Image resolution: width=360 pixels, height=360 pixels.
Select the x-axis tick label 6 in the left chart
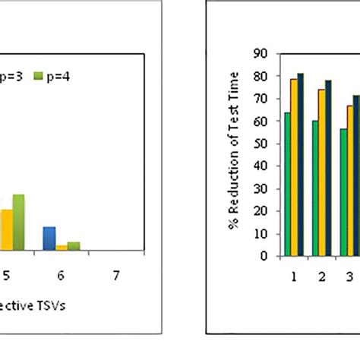60,276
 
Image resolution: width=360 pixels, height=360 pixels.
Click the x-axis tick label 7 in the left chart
115,276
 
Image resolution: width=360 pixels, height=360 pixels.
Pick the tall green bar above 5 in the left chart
18,223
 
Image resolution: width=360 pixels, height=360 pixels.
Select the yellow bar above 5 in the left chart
6,229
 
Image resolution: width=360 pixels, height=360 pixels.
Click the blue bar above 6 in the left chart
49,238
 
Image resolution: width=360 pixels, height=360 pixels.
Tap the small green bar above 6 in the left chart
73,246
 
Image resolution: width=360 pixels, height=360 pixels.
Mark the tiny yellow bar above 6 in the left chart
62,248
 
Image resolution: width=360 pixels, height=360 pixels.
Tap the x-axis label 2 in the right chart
322,276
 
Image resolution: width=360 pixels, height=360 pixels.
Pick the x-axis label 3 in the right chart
350,276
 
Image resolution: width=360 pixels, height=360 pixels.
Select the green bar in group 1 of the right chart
286,185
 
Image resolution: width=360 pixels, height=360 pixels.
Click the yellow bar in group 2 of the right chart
321,173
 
